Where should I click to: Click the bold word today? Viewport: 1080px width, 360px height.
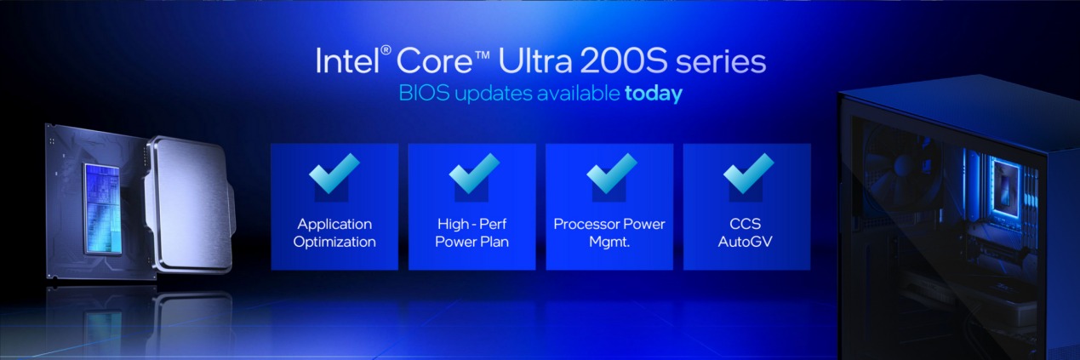(x=654, y=94)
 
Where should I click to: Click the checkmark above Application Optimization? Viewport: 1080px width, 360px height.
(x=334, y=174)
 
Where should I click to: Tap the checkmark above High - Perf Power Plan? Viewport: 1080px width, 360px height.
(x=472, y=174)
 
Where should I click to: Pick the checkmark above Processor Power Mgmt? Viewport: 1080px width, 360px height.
(x=610, y=174)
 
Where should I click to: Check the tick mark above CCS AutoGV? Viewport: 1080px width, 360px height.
(x=747, y=174)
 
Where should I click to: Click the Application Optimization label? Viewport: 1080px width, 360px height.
(x=334, y=232)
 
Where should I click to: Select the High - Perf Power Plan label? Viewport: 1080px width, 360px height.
(x=472, y=232)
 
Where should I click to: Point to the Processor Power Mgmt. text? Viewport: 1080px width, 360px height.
(x=609, y=232)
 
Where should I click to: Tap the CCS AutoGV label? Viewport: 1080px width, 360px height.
(x=747, y=232)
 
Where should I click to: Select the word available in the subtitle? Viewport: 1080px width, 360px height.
(x=578, y=94)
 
